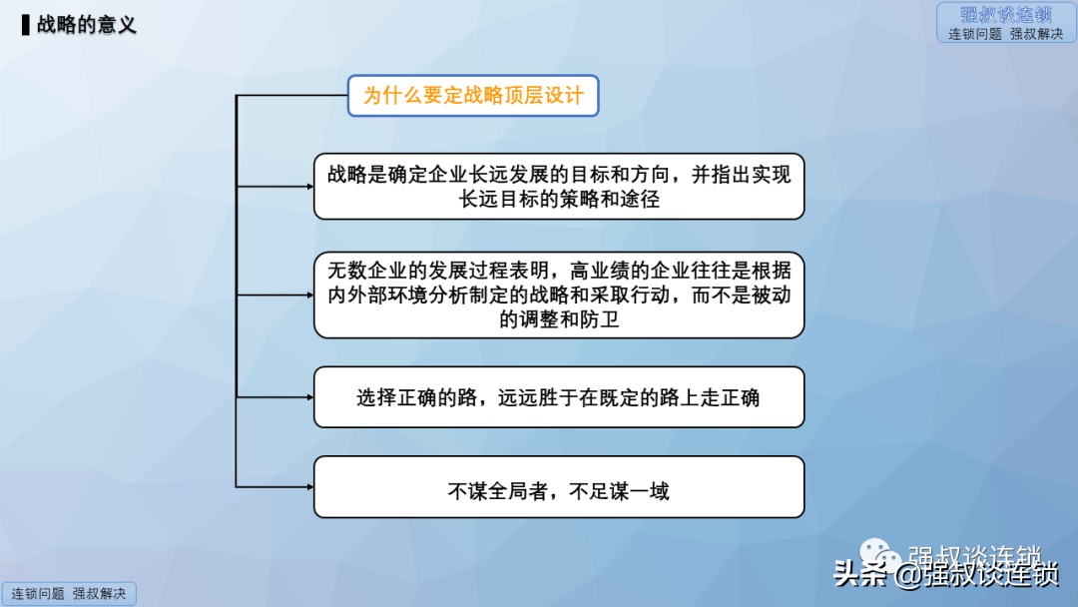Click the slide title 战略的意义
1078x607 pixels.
[87, 25]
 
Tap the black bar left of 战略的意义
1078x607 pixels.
[25, 25]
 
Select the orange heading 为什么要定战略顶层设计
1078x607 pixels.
[473, 96]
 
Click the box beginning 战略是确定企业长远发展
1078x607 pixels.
[559, 187]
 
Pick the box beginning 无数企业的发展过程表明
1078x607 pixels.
[559, 295]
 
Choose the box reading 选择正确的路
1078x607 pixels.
[559, 397]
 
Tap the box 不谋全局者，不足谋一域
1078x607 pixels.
[559, 487]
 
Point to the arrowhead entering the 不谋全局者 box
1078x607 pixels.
[310, 487]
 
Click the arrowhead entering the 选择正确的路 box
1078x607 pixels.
[310, 397]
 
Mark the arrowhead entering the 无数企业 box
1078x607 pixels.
[310, 295]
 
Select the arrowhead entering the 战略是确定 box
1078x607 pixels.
[310, 187]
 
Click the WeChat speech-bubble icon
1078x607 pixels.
[880, 555]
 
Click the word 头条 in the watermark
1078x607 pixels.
[860, 574]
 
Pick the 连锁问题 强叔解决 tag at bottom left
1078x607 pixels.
[69, 594]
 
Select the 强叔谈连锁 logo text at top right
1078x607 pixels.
[1006, 15]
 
